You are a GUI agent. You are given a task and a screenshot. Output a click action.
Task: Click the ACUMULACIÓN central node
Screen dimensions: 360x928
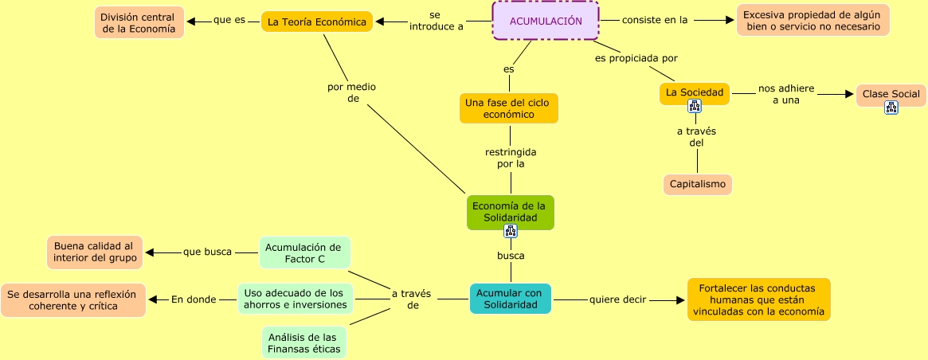(545, 21)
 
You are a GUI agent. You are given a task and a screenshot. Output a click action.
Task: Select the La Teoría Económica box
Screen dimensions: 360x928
(317, 22)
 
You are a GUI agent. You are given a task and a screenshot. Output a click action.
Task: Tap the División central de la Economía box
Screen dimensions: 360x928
(139, 22)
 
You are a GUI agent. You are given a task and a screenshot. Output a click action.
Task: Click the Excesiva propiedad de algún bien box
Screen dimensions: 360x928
(812, 21)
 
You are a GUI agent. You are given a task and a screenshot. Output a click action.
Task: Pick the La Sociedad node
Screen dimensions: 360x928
(694, 92)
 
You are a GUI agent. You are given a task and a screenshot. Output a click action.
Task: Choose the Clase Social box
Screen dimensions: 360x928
(891, 94)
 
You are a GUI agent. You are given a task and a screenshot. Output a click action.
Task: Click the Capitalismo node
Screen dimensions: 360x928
(697, 184)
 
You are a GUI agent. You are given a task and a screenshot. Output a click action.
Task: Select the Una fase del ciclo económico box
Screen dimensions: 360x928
(509, 108)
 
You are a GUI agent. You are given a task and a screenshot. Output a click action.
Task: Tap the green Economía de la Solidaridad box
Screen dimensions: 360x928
(510, 211)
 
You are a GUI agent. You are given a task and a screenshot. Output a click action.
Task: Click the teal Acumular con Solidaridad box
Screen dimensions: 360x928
(510, 299)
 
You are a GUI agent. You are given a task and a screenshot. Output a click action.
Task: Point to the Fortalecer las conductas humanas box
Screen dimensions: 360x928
(758, 299)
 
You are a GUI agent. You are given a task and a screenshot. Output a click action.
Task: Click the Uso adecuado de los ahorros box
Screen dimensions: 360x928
(295, 298)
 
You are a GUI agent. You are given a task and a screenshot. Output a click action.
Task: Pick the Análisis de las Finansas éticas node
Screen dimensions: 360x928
(303, 342)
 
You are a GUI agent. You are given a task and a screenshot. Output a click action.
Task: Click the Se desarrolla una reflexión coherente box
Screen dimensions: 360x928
(72, 299)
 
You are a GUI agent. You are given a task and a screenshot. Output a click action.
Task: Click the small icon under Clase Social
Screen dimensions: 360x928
(891, 108)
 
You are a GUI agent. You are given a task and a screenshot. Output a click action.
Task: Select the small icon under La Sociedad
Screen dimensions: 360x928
(695, 106)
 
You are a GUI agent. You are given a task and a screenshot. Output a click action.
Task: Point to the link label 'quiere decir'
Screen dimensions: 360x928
(617, 300)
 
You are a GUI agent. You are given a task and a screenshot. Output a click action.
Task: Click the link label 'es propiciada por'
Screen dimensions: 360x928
(636, 58)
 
